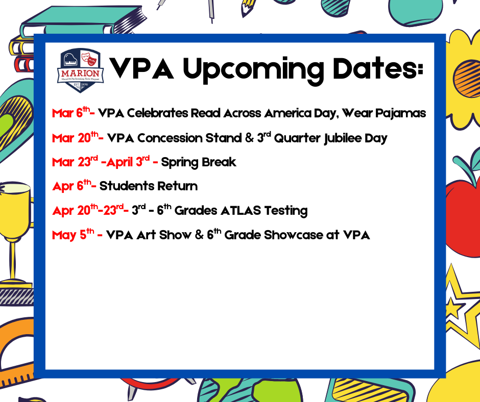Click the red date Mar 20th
coord(75,138)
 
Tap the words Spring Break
coord(199,162)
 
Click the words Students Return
coord(149,186)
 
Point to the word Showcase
coord(296,235)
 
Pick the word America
coord(293,113)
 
